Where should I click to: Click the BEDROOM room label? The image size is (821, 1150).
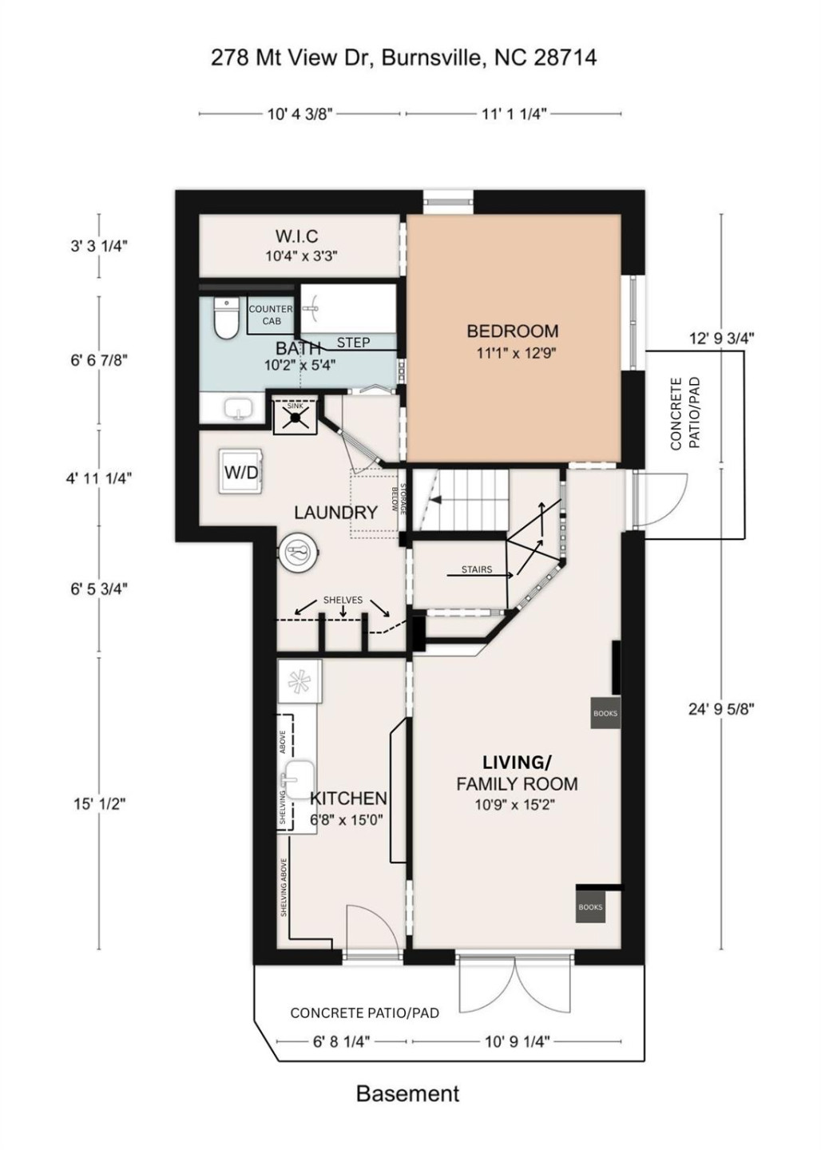(x=512, y=331)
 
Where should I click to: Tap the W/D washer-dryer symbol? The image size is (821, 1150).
(x=240, y=472)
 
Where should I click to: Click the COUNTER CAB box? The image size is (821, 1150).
(x=271, y=315)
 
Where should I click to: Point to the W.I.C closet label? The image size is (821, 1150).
(x=296, y=236)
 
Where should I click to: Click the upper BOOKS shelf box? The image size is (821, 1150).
(x=605, y=713)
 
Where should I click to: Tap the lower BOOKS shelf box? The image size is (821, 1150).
(x=590, y=907)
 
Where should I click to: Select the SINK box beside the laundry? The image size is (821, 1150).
(x=295, y=415)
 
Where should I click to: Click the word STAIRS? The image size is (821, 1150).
(x=476, y=570)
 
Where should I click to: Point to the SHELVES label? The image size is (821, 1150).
(x=343, y=600)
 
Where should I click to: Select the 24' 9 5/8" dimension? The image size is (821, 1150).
(x=721, y=708)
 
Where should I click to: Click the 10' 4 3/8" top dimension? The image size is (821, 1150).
(x=299, y=114)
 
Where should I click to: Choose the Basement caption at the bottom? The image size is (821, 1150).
(x=407, y=1093)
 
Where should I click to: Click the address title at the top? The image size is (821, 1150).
(x=403, y=57)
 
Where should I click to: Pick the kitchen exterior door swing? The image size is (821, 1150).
(x=366, y=928)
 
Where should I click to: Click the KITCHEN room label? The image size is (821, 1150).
(x=348, y=798)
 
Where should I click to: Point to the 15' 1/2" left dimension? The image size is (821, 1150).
(x=100, y=803)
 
